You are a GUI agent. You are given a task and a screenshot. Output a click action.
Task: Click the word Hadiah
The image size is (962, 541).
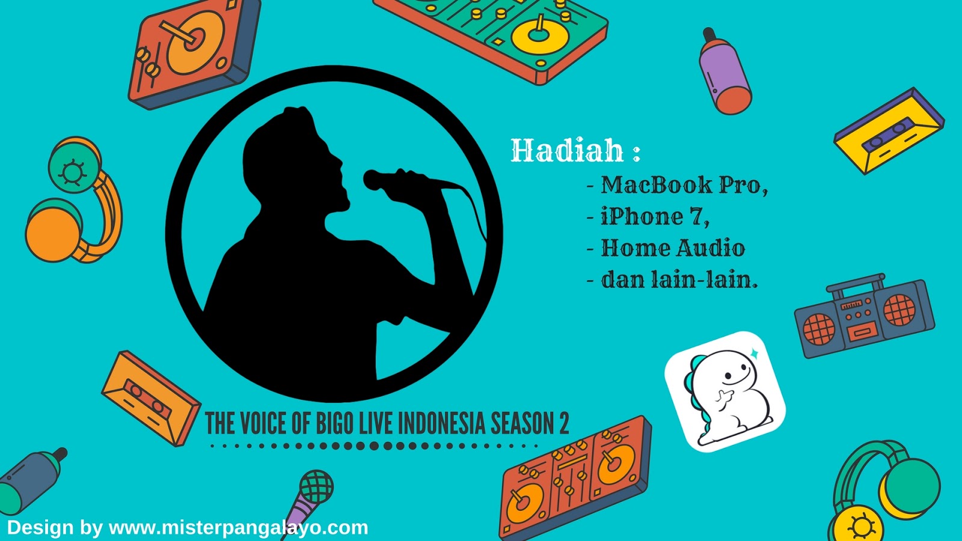point(567,150)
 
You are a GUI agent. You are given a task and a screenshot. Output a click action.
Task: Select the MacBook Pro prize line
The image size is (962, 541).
point(678,185)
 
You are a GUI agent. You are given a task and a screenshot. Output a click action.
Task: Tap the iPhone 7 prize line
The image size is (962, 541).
point(649,216)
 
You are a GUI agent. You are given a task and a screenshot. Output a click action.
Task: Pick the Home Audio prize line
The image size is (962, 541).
point(666,248)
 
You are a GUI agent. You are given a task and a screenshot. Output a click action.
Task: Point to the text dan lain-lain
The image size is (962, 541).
point(672,280)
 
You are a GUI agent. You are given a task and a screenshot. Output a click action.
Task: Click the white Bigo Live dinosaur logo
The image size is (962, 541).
point(725,391)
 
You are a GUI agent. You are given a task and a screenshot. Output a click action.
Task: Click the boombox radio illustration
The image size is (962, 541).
point(864,316)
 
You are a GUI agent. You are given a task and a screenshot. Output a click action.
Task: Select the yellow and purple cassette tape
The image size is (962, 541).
point(889,131)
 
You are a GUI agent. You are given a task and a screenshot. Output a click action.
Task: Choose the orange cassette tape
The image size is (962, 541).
point(151,398)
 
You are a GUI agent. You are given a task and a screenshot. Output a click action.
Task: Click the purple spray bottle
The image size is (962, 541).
point(725,72)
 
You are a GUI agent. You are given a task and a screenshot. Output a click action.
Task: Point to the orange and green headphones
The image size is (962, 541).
point(73,200)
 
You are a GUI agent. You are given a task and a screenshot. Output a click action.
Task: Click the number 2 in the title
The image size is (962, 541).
point(563,423)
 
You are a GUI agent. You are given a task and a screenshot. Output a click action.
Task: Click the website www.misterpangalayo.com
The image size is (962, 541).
point(238,528)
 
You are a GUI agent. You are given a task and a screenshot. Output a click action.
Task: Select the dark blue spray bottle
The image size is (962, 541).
point(32,481)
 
